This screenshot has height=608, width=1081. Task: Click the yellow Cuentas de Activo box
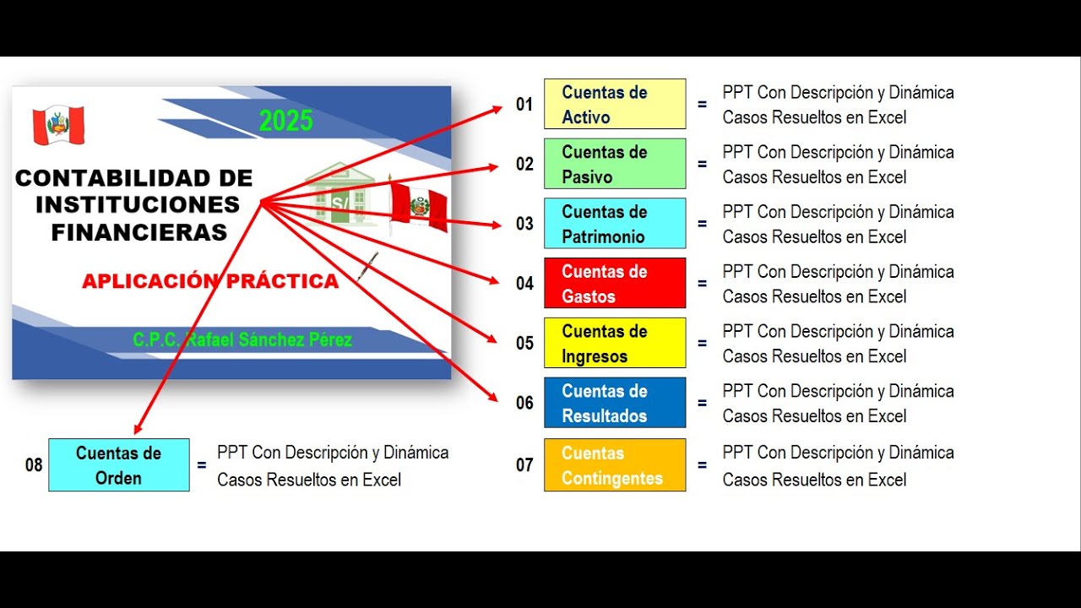(x=615, y=104)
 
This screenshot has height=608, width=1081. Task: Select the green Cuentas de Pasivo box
(x=615, y=164)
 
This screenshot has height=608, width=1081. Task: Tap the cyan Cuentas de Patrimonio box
(x=615, y=224)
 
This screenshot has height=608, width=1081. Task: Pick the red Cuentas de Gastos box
(x=615, y=284)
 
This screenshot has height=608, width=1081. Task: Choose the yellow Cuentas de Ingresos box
(x=615, y=343)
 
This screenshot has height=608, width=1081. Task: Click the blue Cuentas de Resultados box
(x=615, y=403)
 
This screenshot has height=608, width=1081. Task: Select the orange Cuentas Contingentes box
(x=615, y=465)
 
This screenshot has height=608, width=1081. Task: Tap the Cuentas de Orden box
(x=119, y=465)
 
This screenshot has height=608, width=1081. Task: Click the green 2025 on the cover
(x=285, y=122)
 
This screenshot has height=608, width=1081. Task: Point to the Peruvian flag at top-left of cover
(x=59, y=126)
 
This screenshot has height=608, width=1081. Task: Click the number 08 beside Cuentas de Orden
(x=34, y=465)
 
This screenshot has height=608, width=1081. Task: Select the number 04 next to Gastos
(x=524, y=284)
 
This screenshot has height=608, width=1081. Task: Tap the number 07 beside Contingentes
(x=524, y=465)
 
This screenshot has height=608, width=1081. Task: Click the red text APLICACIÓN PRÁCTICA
(x=210, y=281)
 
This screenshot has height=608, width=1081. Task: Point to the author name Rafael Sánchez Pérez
(x=242, y=340)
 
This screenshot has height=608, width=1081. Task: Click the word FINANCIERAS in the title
(x=139, y=233)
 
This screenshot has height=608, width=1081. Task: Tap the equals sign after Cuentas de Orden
(x=201, y=465)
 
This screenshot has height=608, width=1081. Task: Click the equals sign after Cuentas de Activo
(x=702, y=105)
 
